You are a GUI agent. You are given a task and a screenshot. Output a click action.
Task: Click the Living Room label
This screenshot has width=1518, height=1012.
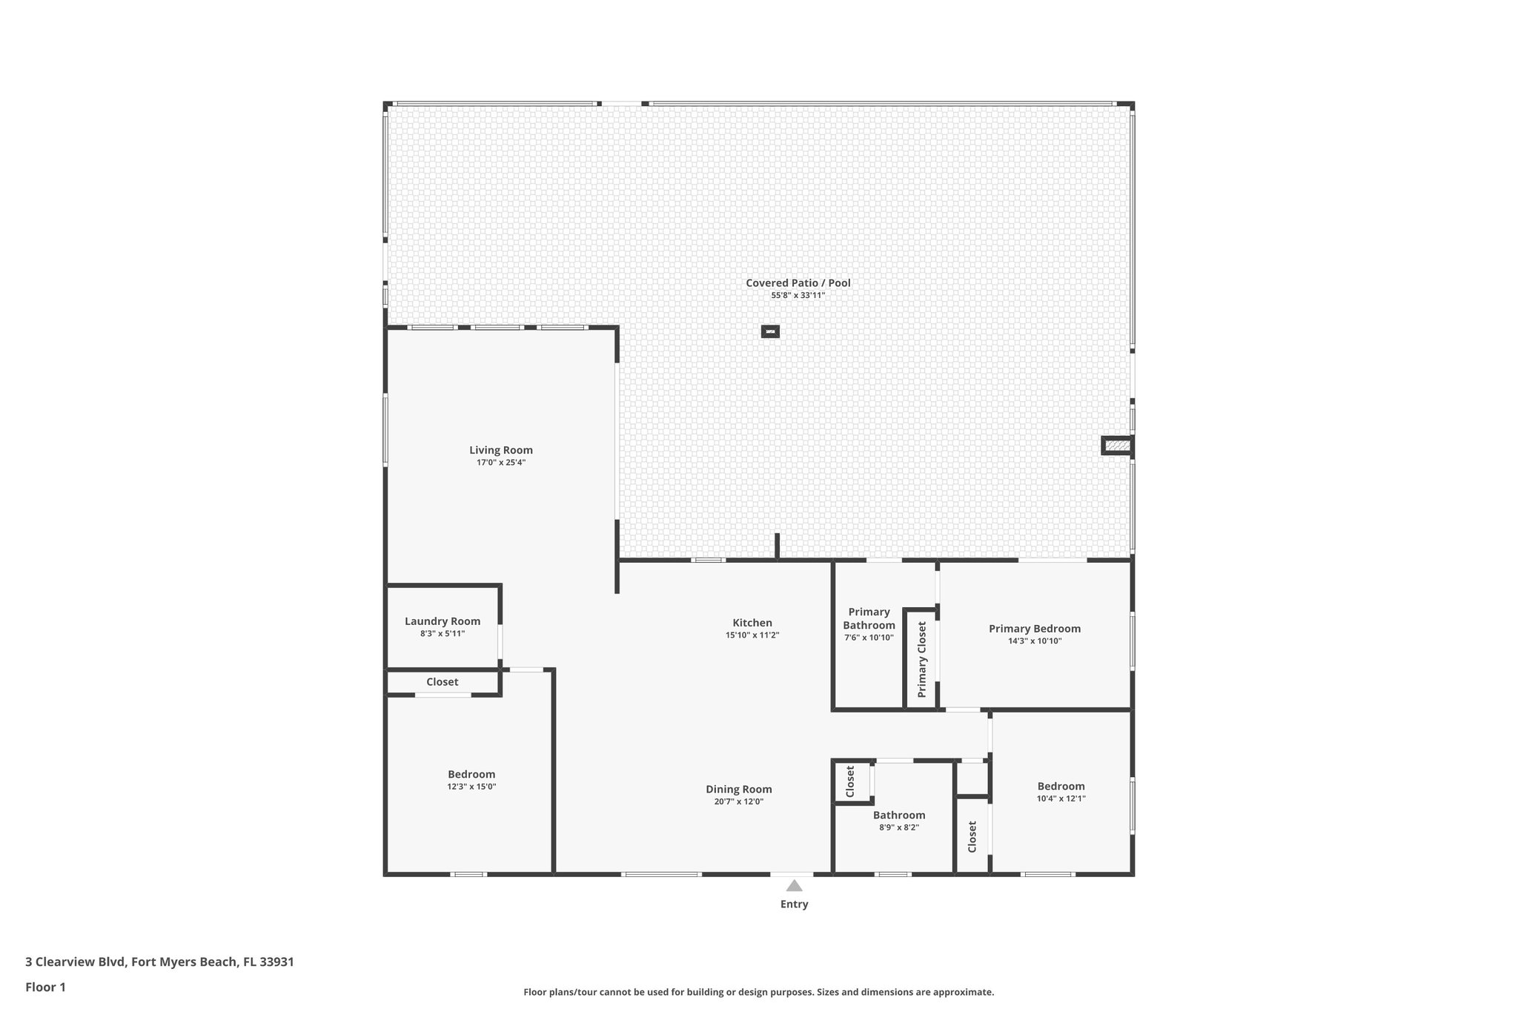[x=500, y=450]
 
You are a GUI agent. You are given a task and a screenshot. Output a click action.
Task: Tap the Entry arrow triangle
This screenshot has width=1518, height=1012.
[x=794, y=885]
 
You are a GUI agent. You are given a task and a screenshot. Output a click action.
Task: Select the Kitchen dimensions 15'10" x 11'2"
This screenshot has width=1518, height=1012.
[x=752, y=635]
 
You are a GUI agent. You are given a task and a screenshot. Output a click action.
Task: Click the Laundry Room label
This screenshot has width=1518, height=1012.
[x=442, y=621]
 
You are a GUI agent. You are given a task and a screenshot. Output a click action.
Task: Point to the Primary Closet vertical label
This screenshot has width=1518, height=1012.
[x=921, y=659]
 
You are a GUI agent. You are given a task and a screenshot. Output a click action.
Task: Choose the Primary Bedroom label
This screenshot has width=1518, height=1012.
[x=1034, y=629]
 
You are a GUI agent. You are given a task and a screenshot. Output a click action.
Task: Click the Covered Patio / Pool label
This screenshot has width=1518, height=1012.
[x=798, y=282]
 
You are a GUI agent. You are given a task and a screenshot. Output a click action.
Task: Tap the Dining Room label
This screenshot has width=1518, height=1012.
[x=738, y=789]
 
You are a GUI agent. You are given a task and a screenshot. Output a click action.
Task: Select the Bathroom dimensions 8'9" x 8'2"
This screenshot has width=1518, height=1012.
[x=898, y=827]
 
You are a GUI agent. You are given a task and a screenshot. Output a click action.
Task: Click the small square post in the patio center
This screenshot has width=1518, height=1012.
[x=770, y=331]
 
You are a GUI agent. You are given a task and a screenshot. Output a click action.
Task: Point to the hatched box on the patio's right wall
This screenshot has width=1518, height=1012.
[x=1117, y=446]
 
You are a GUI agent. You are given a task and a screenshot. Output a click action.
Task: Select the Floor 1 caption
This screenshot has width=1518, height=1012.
[x=45, y=987]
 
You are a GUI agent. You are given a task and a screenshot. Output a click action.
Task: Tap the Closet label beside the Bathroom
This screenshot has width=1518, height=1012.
[x=850, y=781]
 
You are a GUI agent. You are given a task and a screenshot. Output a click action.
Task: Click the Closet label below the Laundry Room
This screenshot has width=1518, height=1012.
[x=442, y=682]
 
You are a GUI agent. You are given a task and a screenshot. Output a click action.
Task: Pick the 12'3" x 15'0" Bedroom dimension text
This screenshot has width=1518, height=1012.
[x=471, y=787]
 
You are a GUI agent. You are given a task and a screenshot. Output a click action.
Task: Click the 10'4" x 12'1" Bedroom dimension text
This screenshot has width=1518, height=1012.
[x=1061, y=798]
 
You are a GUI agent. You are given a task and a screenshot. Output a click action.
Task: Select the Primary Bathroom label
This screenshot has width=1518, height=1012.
[x=869, y=618]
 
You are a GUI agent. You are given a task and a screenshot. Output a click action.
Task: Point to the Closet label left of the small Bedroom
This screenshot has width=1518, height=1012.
[x=972, y=836]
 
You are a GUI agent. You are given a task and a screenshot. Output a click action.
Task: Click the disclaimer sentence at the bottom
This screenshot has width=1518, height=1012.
[x=758, y=992]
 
